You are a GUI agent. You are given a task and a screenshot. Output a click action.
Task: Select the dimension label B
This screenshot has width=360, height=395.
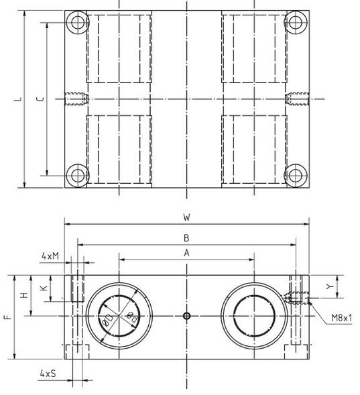[186, 237]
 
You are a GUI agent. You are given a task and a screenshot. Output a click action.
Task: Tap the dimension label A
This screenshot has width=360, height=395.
[186, 252]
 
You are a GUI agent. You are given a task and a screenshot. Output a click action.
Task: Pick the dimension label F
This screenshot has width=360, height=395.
[7, 317]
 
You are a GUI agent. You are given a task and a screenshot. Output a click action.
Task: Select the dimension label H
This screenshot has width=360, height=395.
[24, 295]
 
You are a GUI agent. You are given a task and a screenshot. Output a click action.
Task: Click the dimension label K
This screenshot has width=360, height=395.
[42, 288]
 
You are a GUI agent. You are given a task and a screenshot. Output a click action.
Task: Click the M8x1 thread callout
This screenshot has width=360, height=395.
[341, 319]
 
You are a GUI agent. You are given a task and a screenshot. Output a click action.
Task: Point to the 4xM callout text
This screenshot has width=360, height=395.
[50, 256]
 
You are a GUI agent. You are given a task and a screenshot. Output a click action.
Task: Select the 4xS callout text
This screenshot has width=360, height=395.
[48, 372]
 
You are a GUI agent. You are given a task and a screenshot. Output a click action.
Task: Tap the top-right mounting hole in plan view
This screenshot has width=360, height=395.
[295, 23]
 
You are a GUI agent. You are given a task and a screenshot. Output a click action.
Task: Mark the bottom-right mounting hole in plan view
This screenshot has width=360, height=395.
[295, 176]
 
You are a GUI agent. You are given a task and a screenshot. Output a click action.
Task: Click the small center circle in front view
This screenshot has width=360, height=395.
[187, 316]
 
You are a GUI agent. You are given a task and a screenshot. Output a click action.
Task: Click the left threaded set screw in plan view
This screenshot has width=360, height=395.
[75, 99]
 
